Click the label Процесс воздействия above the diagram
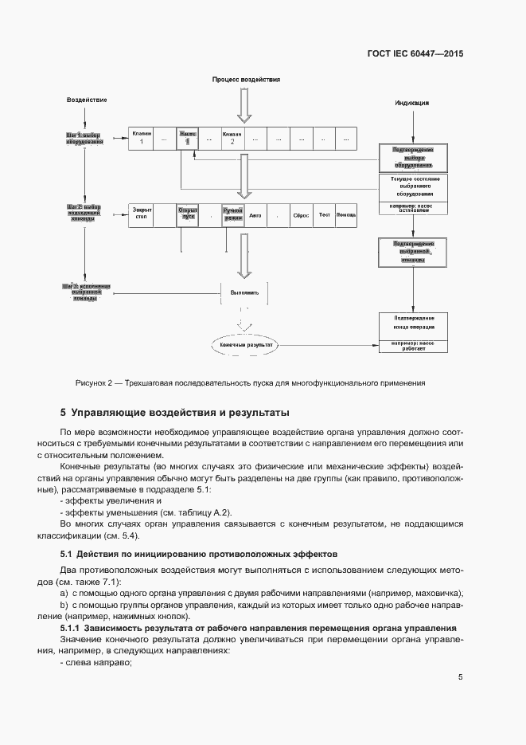pyautogui.click(x=246, y=80)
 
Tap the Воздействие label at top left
pyautogui.click(x=87, y=100)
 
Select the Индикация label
pyautogui.click(x=412, y=103)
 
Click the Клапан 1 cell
pyautogui.click(x=141, y=137)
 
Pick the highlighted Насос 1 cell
pyautogui.click(x=187, y=137)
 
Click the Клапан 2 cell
pyautogui.click(x=232, y=137)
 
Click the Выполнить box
pyautogui.click(x=244, y=292)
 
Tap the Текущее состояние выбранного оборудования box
pyautogui.click(x=412, y=187)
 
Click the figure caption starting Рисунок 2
pyautogui.click(x=250, y=382)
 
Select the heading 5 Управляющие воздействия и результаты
pyautogui.click(x=175, y=413)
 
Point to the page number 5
pyautogui.click(x=460, y=677)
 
